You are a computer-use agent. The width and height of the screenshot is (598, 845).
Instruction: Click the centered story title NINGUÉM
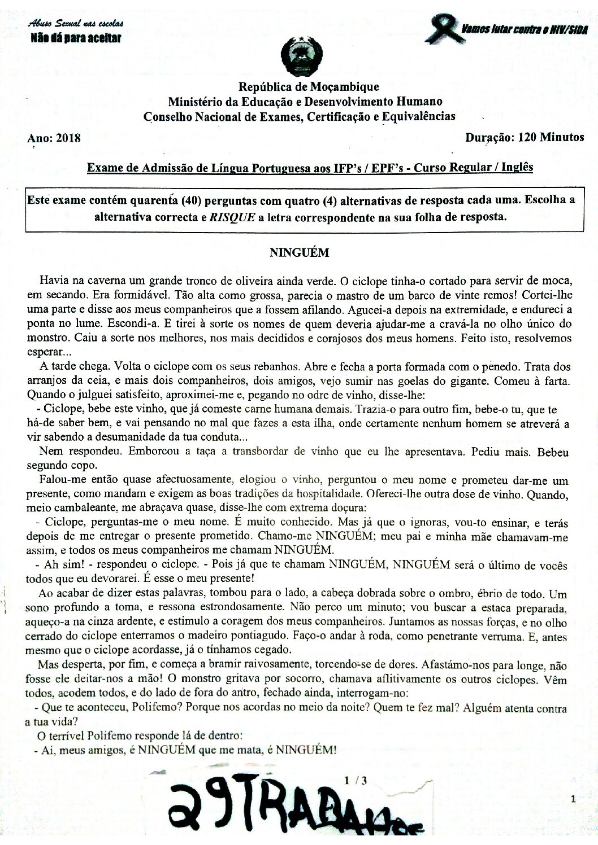(298, 253)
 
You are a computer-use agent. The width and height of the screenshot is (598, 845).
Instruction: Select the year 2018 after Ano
(68, 138)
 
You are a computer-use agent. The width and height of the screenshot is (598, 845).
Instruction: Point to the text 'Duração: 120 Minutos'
(525, 137)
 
